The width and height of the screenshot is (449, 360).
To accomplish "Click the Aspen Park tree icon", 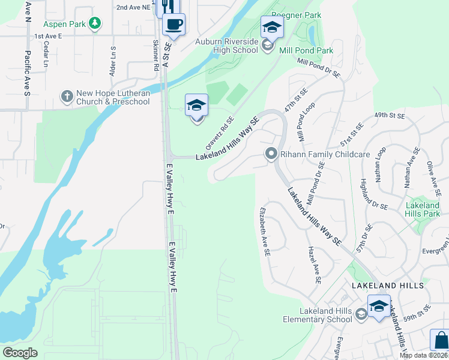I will click(94, 23).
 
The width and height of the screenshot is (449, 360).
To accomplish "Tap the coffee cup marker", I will click(173, 24).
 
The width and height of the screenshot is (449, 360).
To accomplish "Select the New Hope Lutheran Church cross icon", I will click(67, 95).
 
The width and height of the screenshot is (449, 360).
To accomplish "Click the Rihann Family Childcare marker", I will click(271, 154).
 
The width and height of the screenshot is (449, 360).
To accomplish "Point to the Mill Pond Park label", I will click(306, 51).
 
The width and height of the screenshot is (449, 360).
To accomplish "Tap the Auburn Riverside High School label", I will click(227, 46).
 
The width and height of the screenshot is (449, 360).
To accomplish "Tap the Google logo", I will click(19, 353).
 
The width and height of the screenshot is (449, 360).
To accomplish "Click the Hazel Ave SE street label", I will click(313, 265).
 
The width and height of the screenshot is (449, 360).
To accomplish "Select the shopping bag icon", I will click(440, 340).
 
